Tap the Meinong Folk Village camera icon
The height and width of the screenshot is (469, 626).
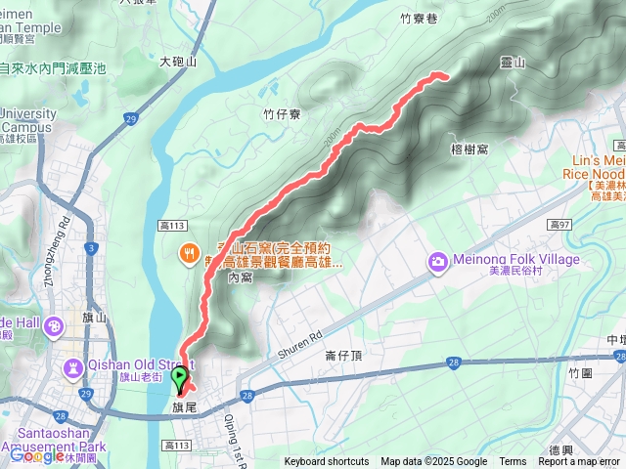point(437,261)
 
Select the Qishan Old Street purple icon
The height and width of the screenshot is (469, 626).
point(72,368)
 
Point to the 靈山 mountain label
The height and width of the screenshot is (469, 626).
point(513,64)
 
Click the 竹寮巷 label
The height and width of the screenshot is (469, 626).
point(420,18)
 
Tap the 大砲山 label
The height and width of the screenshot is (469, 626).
point(178,62)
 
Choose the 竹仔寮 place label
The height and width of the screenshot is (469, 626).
point(282,114)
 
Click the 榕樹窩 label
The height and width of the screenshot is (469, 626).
point(469,149)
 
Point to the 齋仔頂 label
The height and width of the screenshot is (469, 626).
point(343,357)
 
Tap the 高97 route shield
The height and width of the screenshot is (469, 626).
point(559,225)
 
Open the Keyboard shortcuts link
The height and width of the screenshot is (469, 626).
point(327,462)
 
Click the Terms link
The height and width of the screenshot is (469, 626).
point(513,462)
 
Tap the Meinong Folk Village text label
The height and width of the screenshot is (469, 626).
point(515,260)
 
